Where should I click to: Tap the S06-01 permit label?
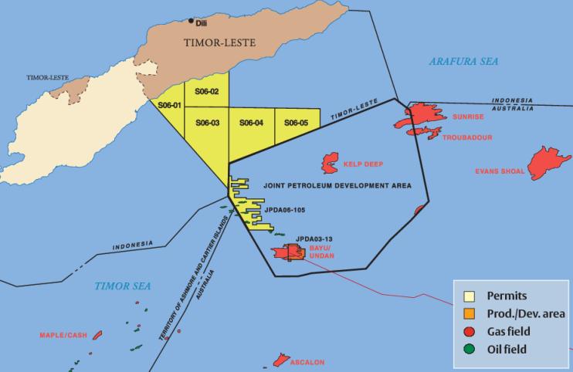click(168, 105)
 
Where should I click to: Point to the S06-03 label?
click(208, 122)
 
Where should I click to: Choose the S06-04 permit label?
click(252, 122)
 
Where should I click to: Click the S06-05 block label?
click(297, 122)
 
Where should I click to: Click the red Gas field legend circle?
click(469, 331)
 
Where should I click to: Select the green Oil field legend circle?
click(469, 349)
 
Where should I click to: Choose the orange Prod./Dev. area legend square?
click(469, 313)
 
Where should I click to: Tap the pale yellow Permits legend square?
click(469, 296)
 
